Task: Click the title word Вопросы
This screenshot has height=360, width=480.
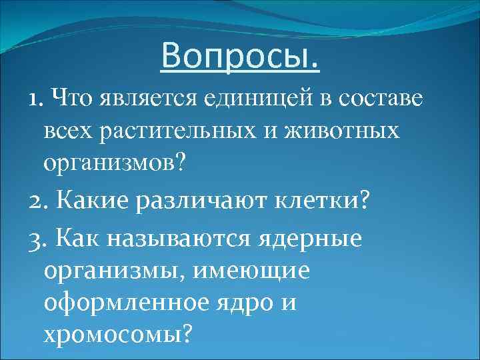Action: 240,57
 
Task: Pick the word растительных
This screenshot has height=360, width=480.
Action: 164,131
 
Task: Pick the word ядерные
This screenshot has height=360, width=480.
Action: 313,238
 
